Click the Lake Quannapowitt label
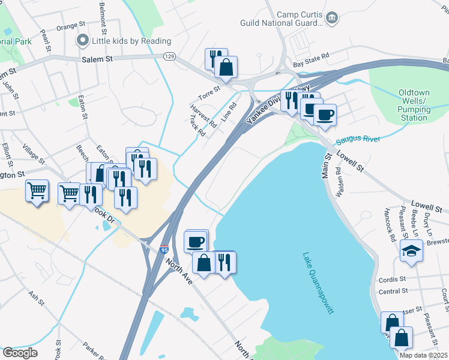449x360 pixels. click(x=319, y=283)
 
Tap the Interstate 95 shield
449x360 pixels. click(x=164, y=249)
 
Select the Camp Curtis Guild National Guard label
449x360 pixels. click(x=298, y=17)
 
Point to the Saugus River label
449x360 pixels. click(x=358, y=139)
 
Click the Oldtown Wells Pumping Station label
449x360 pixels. click(x=414, y=105)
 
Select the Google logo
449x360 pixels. click(x=19, y=352)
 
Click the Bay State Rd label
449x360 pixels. click(x=311, y=55)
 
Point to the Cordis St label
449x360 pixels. click(x=393, y=280)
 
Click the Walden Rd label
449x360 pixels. click(x=340, y=178)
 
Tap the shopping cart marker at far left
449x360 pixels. click(x=37, y=191)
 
